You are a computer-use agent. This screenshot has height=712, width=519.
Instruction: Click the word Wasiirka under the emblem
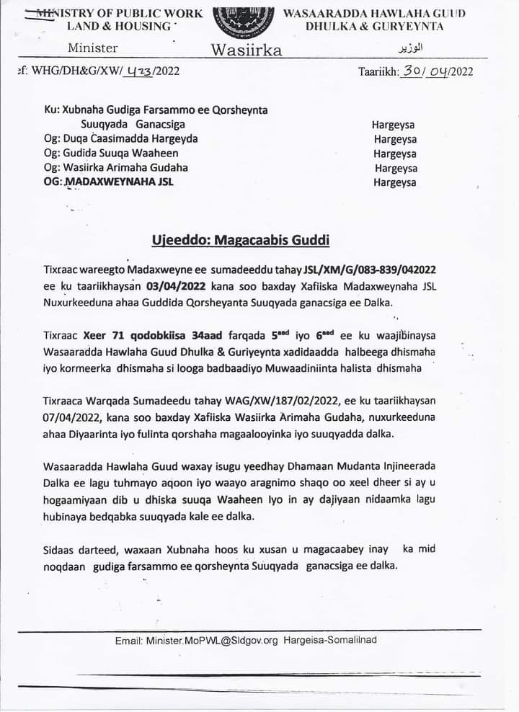pyautogui.click(x=246, y=50)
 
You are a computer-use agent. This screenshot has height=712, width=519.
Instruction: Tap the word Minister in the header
pyautogui.click(x=93, y=48)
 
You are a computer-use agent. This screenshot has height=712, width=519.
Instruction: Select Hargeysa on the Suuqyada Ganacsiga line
pyautogui.click(x=393, y=124)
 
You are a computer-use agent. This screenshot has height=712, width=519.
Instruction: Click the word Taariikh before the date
pyautogui.click(x=380, y=71)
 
